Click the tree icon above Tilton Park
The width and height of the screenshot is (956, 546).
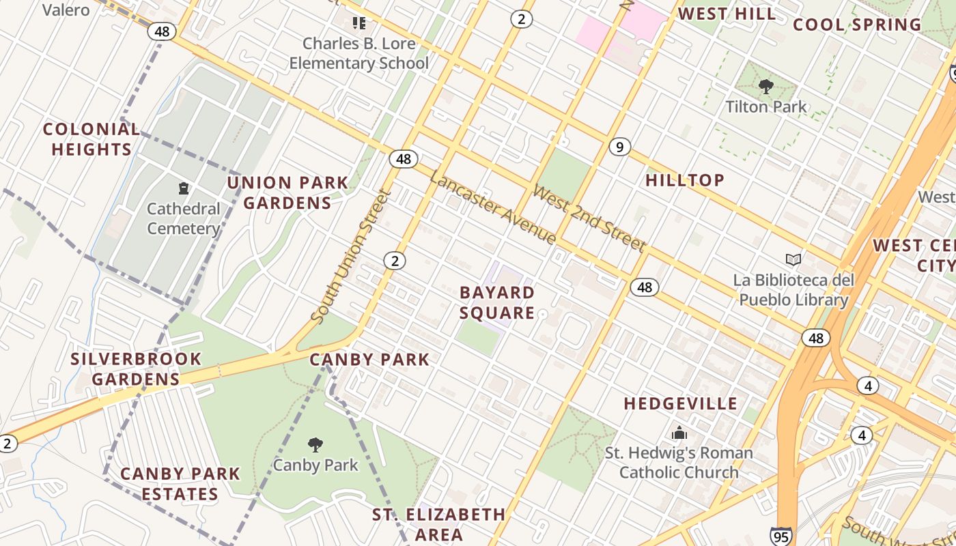[x=766, y=87]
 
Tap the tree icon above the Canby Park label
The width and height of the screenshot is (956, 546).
[x=315, y=445]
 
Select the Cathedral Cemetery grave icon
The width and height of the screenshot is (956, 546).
[x=183, y=188]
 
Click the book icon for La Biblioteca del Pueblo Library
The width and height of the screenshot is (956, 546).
[x=793, y=259]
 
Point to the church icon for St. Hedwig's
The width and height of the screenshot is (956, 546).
[x=679, y=433]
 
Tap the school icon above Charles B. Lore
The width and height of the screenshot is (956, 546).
[x=359, y=23]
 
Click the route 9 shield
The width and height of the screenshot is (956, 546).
[x=619, y=147]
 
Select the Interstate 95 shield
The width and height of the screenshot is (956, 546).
[x=781, y=536]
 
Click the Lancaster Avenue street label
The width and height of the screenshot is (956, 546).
[x=492, y=206]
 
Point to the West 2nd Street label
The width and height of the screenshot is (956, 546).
[x=589, y=218]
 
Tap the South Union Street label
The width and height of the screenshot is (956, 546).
[x=349, y=257]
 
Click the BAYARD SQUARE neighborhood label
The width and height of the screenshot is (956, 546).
[x=497, y=302]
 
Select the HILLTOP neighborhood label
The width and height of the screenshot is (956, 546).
[x=685, y=180]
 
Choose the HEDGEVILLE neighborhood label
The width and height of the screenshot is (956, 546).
[x=681, y=403]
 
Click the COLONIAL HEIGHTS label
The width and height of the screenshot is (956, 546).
[x=92, y=139]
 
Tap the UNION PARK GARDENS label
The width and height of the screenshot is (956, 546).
[x=287, y=193]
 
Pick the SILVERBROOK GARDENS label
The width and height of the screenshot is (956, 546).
[x=136, y=369]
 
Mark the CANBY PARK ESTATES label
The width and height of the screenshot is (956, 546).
[x=180, y=483]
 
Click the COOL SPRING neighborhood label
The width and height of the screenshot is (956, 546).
[x=857, y=25]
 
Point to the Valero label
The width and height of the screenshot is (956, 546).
[x=66, y=10]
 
